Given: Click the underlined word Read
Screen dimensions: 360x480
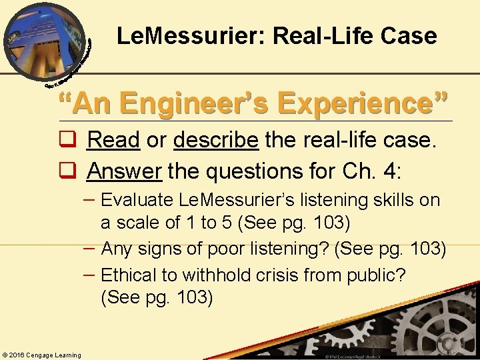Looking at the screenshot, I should [113, 140].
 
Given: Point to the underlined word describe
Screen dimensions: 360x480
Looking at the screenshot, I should [215, 140].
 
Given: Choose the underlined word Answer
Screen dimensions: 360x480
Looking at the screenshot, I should [124, 171].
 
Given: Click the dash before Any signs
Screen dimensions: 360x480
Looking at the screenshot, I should [92, 247].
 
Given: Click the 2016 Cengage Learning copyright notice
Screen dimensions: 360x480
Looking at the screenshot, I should [41, 355].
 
